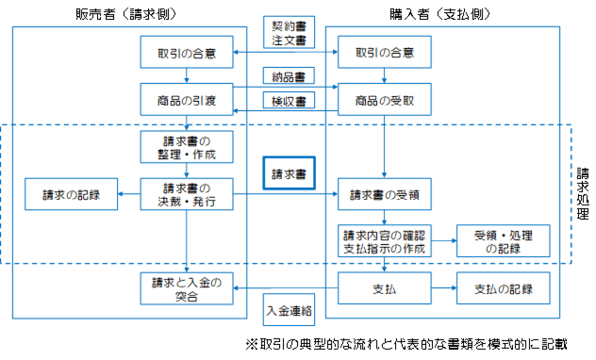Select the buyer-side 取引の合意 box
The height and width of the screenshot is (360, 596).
click(383, 53)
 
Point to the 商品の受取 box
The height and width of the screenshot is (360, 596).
click(383, 97)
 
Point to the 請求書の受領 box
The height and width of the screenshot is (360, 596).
click(383, 195)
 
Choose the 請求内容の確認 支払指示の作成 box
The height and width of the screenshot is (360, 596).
click(383, 241)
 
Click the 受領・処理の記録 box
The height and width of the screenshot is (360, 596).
click(496, 241)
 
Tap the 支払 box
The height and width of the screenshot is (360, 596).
click(383, 289)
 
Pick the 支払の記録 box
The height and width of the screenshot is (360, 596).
click(496, 289)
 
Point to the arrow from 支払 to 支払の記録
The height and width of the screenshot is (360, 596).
click(442, 289)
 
